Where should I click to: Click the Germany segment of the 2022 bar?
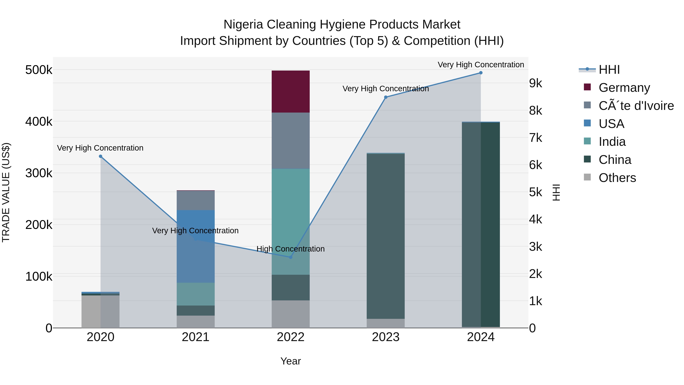coord(291,91)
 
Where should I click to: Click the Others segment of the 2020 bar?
coord(100,311)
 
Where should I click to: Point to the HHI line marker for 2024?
coord(481,73)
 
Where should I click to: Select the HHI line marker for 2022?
coord(291,257)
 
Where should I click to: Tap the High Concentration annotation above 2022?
coord(291,249)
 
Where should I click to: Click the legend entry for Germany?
coord(624,88)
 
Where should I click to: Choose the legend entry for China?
coord(615,160)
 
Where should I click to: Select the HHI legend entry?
coord(609,70)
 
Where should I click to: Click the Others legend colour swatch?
coord(587,177)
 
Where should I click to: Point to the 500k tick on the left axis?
coord(39,70)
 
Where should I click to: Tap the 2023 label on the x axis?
coord(386,337)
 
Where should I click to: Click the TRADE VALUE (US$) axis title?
coord(6,192)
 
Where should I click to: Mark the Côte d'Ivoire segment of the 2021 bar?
coord(196,201)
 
